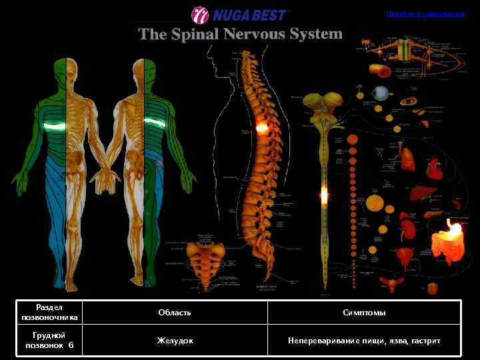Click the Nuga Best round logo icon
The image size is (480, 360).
pyautogui.click(x=200, y=14)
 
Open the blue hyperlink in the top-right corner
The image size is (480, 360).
pyautogui.click(x=425, y=13)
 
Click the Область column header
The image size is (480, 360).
pyautogui.click(x=175, y=312)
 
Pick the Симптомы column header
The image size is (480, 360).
pyautogui.click(x=364, y=312)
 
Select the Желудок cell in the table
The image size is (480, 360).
pyautogui.click(x=175, y=341)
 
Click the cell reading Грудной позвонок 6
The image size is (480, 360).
pyautogui.click(x=49, y=341)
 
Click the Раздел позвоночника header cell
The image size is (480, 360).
pyautogui.click(x=49, y=312)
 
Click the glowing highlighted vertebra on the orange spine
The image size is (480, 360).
pyautogui.click(x=262, y=126)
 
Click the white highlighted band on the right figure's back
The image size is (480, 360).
pyautogui.click(x=155, y=122)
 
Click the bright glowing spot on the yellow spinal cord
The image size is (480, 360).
pyautogui.click(x=324, y=195)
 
